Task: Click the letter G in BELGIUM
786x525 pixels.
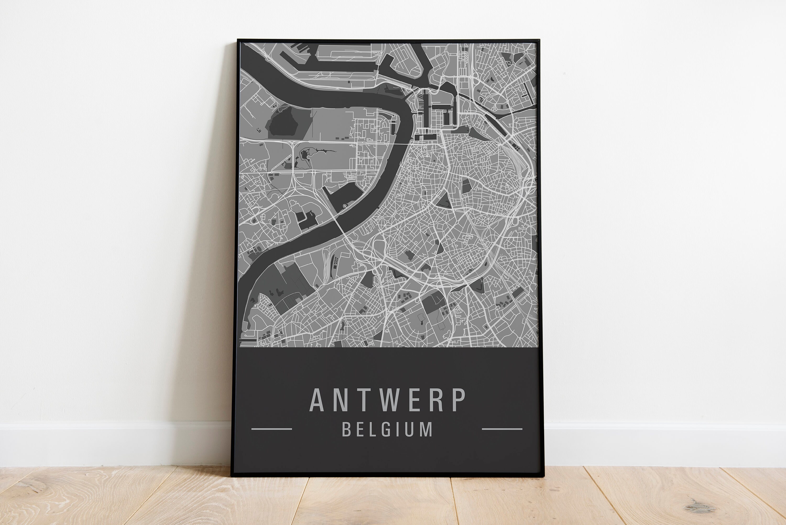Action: (386, 429)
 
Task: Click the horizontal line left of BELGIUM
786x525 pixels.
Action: (272, 429)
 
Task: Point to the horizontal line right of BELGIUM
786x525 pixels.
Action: (502, 429)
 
